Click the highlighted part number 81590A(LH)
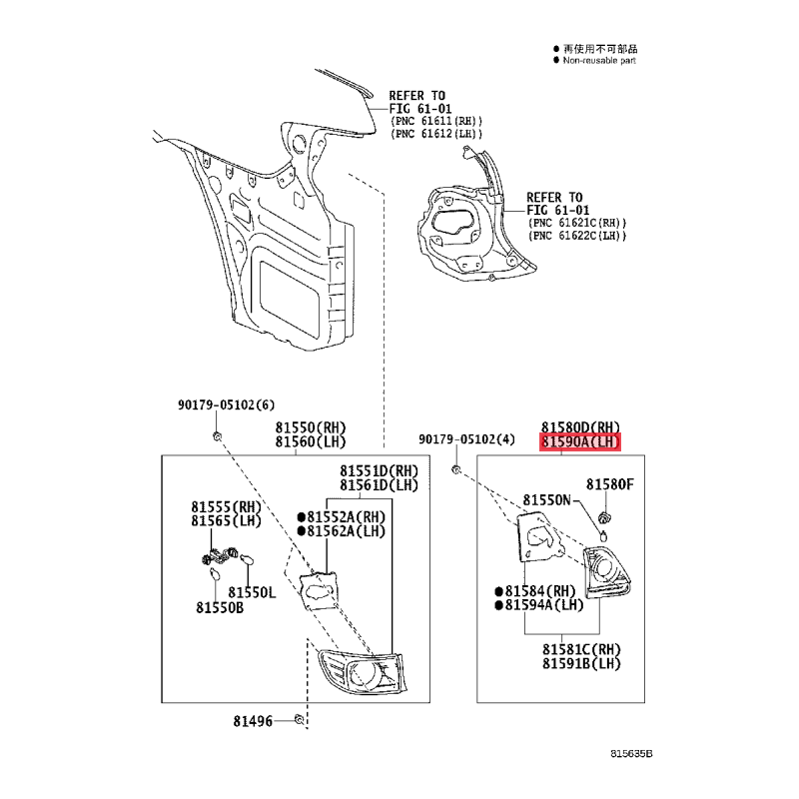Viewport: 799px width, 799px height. (580, 441)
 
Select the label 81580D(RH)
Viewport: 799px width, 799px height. (580, 427)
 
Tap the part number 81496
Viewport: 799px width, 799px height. (253, 721)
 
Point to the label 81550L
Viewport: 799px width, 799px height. (252, 592)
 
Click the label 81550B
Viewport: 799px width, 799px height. (220, 608)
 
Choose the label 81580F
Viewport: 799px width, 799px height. (610, 484)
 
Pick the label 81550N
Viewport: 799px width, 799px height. (546, 500)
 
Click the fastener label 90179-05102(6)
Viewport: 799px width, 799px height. (226, 405)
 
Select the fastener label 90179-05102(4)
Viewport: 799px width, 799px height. (466, 439)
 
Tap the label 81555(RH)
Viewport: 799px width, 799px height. (227, 507)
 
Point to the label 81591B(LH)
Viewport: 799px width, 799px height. (581, 663)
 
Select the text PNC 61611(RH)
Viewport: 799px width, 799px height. (435, 121)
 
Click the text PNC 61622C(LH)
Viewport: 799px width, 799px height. (577, 236)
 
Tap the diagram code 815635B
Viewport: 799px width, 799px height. (631, 754)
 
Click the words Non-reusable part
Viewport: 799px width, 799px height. (599, 61)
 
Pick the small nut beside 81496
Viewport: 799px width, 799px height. (300, 719)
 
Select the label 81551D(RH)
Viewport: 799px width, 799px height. (380, 470)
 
